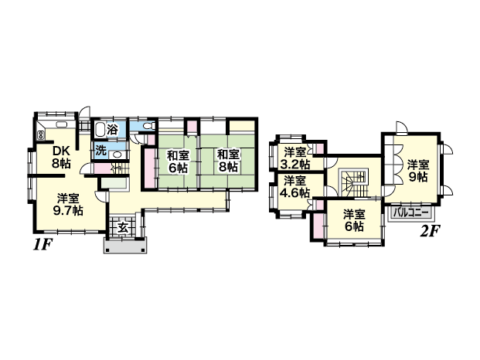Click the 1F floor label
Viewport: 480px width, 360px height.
(43, 245)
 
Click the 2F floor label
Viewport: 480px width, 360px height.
(430, 232)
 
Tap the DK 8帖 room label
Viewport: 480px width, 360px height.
(61, 158)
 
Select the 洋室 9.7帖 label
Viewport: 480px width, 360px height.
(68, 205)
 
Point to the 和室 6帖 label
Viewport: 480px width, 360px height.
(178, 161)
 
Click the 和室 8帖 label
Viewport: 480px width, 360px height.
(228, 160)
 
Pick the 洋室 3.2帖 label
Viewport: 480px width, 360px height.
(295, 158)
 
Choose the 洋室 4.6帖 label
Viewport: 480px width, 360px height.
(295, 187)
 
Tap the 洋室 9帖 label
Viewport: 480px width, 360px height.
(418, 171)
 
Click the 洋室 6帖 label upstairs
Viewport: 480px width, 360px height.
(354, 220)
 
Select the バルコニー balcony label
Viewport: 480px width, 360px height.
(411, 212)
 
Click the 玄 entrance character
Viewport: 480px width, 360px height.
(123, 228)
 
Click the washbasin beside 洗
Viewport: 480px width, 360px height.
(117, 155)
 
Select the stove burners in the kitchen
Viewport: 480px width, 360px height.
(40, 135)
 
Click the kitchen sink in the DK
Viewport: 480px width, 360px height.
(62, 125)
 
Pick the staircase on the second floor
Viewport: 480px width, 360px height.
(354, 184)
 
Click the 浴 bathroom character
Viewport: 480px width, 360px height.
(113, 130)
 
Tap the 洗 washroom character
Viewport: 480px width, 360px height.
(100, 151)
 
